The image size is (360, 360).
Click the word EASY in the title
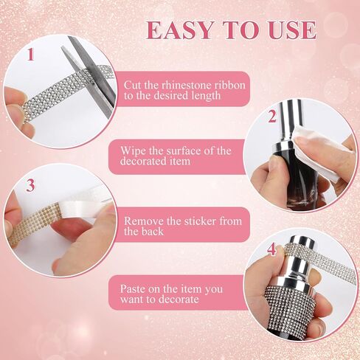(x=180, y=30)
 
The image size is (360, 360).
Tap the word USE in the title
(x=292, y=30)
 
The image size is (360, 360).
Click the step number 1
(x=31, y=55)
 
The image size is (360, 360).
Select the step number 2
(x=272, y=117)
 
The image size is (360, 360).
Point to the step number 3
(x=30, y=185)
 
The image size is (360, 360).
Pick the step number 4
(x=271, y=249)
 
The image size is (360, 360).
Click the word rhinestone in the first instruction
(x=187, y=85)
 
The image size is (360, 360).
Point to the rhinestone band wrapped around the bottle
(x=289, y=308)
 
